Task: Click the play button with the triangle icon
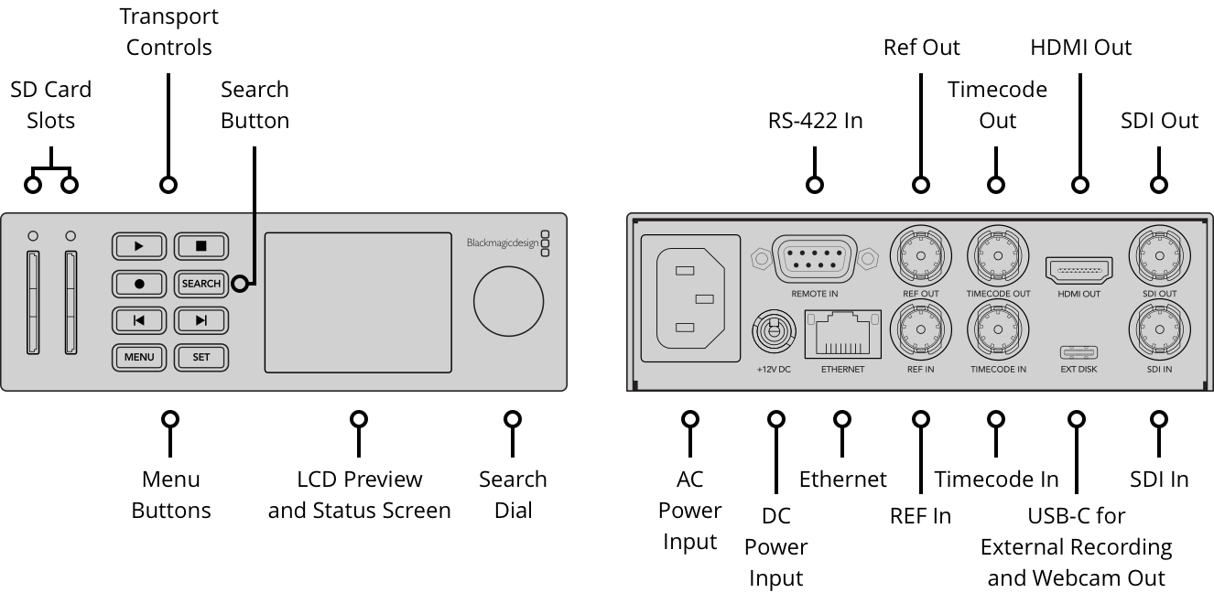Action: click(139, 246)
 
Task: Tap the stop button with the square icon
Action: click(201, 246)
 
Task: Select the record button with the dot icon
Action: click(139, 284)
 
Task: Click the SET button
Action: click(201, 357)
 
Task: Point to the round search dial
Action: click(508, 302)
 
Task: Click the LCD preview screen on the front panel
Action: click(358, 302)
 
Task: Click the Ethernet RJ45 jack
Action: click(841, 334)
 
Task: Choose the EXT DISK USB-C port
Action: click(1078, 352)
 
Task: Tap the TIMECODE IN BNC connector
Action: click(997, 330)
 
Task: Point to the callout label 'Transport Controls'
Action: click(168, 32)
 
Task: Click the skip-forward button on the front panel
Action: click(201, 320)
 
